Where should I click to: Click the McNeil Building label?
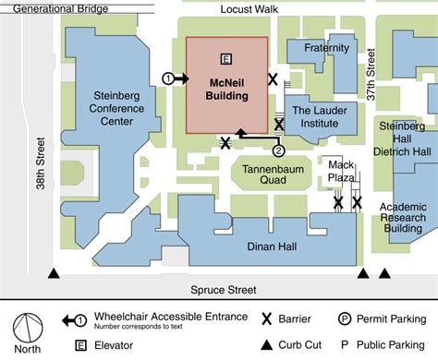227,86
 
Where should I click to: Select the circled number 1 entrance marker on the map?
167,78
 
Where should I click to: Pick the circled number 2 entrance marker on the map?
278,149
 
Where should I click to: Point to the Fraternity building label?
325,48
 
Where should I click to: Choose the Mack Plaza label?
342,171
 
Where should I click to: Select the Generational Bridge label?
55,8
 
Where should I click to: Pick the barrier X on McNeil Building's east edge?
273,80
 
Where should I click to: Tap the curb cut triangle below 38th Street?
54,274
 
